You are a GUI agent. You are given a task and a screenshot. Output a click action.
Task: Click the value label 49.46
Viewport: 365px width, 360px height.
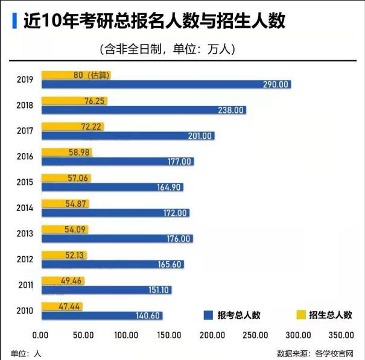[71, 280]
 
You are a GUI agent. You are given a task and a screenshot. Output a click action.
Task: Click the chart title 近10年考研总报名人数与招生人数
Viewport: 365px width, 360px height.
[154, 22]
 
